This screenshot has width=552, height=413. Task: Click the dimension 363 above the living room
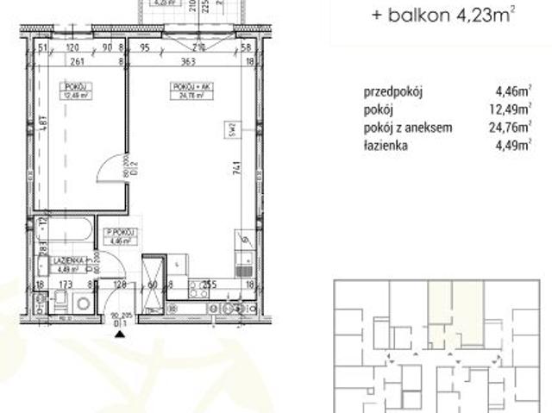coord(190,63)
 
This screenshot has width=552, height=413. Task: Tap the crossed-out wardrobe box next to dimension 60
coord(153,280)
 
